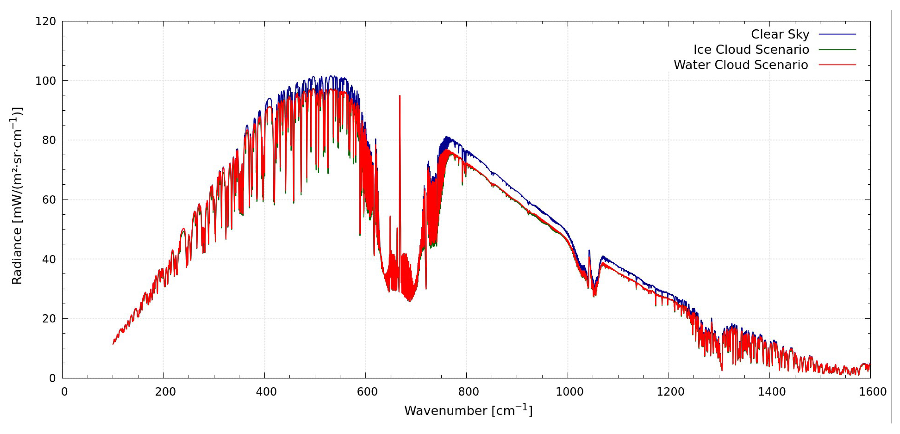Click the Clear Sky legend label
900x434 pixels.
tap(780, 34)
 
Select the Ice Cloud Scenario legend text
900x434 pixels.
tap(751, 50)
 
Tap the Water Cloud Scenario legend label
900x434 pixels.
tap(741, 65)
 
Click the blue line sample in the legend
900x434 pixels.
tap(837, 34)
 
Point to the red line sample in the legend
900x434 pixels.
tap(837, 65)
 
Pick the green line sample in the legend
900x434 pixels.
tap(837, 50)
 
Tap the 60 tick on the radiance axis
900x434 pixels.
tap(49, 200)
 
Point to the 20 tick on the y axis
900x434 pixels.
tap(49, 318)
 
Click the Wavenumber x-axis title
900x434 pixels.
tap(468, 410)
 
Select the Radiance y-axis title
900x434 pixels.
tap(17, 195)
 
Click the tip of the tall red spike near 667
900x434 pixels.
tap(400, 96)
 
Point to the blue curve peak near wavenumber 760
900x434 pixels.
tap(446, 137)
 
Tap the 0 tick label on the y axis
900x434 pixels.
tap(52, 378)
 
